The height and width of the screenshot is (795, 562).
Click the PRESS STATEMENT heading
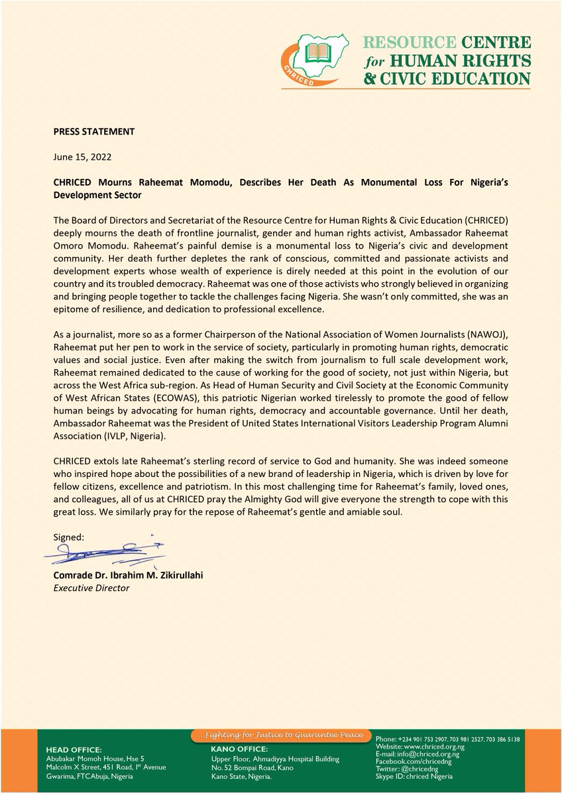[x=93, y=131]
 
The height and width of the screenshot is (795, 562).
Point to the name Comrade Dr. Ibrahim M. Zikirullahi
[x=128, y=574]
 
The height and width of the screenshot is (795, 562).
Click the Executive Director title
[x=91, y=588]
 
